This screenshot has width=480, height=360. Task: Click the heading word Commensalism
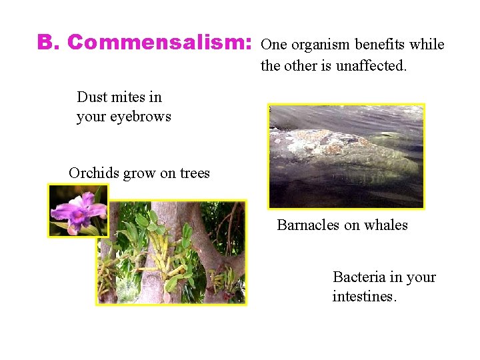coord(160,42)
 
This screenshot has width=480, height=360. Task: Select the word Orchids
coord(93,173)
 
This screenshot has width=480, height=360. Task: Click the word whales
coord(385,225)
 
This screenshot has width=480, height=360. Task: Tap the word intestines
coord(364,297)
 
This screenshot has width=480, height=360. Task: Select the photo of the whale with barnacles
coord(346,157)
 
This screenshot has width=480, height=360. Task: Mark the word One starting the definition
coord(273,45)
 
